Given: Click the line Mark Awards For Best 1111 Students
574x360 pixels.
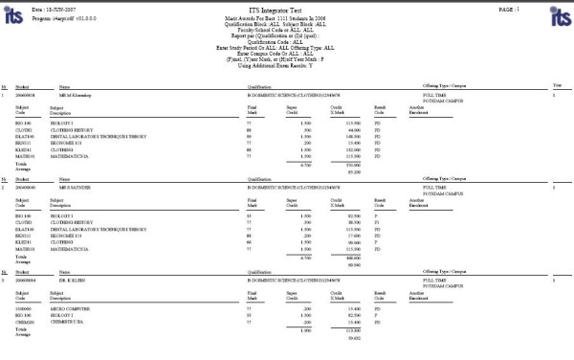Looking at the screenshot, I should coord(287,18).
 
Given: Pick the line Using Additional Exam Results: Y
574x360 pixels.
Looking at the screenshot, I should coord(287,65).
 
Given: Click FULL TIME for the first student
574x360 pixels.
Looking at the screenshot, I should coord(435,95).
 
